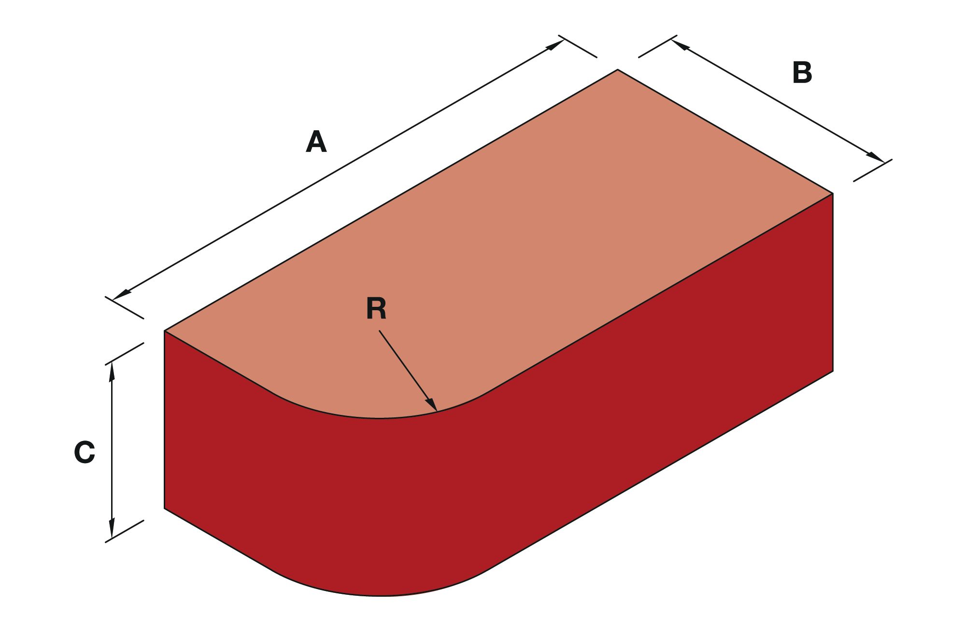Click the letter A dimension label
[x=316, y=142]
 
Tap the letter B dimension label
[x=802, y=72]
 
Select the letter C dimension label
[x=85, y=452]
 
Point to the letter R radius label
[x=376, y=308]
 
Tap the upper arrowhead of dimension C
[x=112, y=371]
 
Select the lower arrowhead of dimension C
[x=112, y=528]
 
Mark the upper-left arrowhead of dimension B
[x=679, y=45]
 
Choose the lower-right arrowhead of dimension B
[x=876, y=158]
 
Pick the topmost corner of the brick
[x=618, y=69]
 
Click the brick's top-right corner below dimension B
[x=833, y=193]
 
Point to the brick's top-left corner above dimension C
[x=165, y=331]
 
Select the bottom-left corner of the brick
[x=165, y=508]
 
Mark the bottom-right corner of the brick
[x=833, y=371]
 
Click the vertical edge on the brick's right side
[x=833, y=282]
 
